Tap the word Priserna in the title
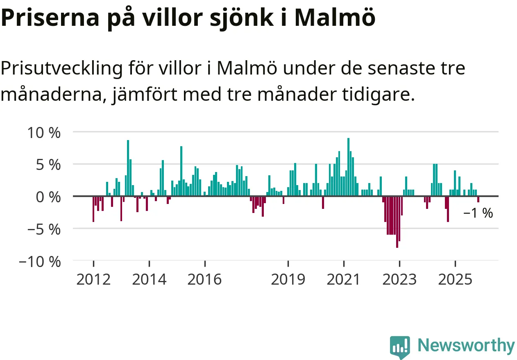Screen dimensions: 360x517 pyautogui.click(x=50, y=17)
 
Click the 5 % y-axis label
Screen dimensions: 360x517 pyautogui.click(x=48, y=165)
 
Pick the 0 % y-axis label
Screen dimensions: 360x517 pyautogui.click(x=48, y=197)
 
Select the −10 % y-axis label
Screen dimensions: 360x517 pyautogui.click(x=40, y=261)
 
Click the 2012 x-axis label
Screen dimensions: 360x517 pyautogui.click(x=93, y=280)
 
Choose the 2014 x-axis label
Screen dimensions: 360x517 pyautogui.click(x=150, y=280)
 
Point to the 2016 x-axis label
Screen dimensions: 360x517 pyautogui.click(x=205, y=280)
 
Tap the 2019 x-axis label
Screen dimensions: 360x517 pyautogui.click(x=288, y=280)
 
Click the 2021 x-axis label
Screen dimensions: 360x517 pyautogui.click(x=344, y=280)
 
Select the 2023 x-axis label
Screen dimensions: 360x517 pyautogui.click(x=399, y=280)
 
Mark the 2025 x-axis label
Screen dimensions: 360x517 pyautogui.click(x=455, y=280)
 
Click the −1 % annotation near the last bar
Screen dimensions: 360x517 pyautogui.click(x=478, y=213)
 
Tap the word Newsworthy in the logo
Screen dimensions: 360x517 pyautogui.click(x=466, y=346)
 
